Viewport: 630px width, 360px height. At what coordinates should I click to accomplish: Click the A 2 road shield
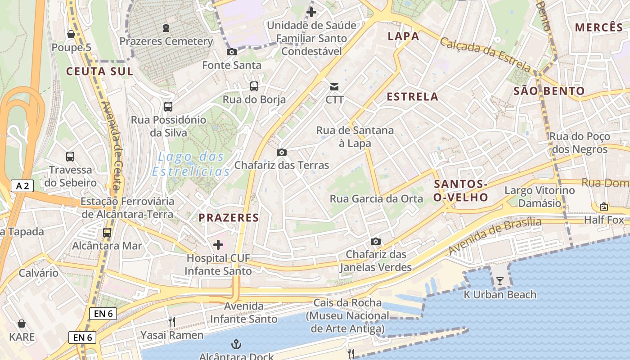coord(22,186)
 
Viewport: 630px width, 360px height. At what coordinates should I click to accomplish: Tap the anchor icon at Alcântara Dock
coord(236,345)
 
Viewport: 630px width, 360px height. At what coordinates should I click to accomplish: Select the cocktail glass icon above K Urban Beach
coord(500,282)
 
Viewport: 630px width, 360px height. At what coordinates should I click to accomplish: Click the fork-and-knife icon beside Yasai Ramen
coord(171,321)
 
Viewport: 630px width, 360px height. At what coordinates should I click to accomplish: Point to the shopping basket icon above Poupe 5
coord(71,34)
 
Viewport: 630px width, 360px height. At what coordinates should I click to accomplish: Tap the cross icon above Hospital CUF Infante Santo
coord(218,245)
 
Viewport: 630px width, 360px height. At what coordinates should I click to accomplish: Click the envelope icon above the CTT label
coord(334,86)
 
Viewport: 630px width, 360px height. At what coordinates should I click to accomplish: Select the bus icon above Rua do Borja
coord(254,86)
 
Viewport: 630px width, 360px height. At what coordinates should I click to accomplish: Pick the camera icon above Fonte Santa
coord(232,52)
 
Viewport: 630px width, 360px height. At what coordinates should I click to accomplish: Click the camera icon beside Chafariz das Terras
coord(282,153)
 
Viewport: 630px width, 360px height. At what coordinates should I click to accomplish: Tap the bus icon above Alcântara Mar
coord(107,233)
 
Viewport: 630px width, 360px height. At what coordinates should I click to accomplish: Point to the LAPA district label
coord(403,36)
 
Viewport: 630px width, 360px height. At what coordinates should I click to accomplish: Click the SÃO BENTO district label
coord(549,91)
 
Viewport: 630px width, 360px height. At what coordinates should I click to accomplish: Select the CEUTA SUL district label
coord(99,71)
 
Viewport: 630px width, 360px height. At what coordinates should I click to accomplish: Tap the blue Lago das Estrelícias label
coord(191,164)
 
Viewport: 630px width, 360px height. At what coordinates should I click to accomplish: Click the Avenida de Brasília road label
coord(495,236)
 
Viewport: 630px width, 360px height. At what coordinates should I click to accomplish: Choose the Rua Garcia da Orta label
coord(376,198)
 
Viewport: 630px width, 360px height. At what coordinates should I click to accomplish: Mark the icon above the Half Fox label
coord(604,207)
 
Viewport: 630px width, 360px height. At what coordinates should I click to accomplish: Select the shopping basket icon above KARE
coord(22,324)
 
